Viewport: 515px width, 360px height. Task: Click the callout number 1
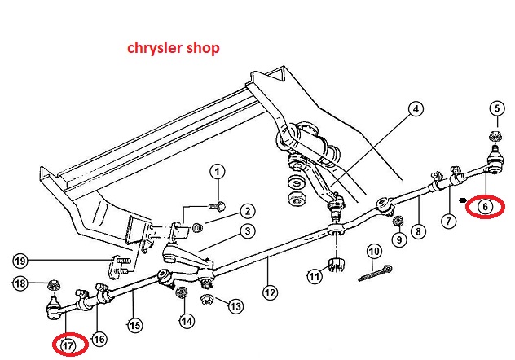pos(217,171)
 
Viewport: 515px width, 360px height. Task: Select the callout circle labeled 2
pos(245,211)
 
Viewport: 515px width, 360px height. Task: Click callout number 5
pos(495,108)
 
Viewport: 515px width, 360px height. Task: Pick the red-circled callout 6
pos(486,207)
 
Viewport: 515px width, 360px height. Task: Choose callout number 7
pos(447,220)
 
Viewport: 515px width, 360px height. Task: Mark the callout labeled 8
pos(419,231)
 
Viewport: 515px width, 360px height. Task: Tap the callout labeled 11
pos(315,277)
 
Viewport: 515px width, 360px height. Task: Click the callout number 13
pos(235,306)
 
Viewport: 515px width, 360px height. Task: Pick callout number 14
pos(187,321)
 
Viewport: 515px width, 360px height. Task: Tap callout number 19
pos(20,261)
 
